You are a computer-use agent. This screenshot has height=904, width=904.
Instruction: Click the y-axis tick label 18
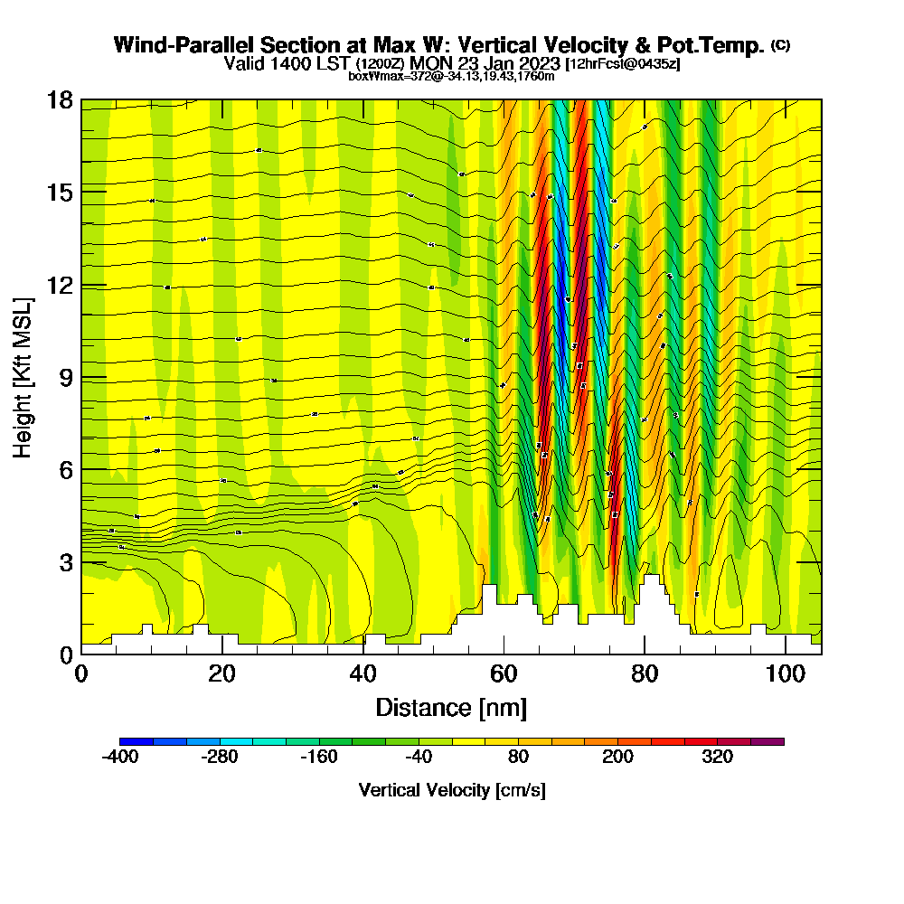(x=60, y=99)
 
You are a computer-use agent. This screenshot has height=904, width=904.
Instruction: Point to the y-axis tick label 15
(x=60, y=193)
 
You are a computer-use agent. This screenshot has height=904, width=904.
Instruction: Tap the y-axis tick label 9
(x=65, y=377)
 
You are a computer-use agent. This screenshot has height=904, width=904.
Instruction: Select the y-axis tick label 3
(x=65, y=562)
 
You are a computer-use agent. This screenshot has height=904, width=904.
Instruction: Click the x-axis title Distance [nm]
(x=451, y=707)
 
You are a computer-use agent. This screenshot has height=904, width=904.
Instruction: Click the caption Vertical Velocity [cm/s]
(x=452, y=791)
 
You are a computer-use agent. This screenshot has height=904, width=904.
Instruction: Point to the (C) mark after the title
(x=780, y=44)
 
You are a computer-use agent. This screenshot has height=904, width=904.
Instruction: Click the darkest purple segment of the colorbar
(x=767, y=741)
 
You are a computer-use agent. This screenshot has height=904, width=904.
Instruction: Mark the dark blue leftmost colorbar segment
(x=137, y=741)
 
